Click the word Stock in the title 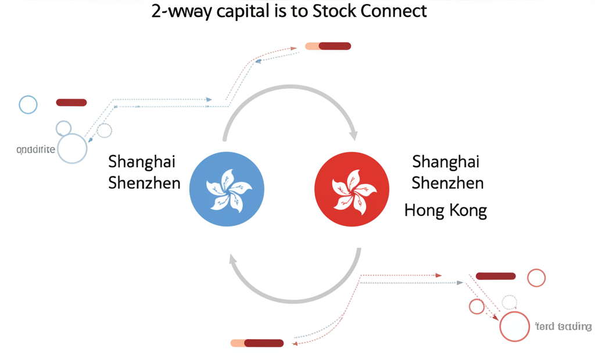tap(335, 11)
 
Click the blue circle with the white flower tap(227, 189)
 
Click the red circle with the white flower tap(352, 189)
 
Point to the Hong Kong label tap(445, 210)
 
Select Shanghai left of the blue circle tap(142, 162)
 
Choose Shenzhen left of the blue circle tap(144, 183)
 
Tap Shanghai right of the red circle tap(445, 162)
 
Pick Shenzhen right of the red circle tap(447, 183)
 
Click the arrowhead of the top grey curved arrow tap(353, 134)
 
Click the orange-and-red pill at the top tap(328, 46)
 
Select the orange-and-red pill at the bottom tap(257, 343)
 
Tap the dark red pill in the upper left tap(71, 103)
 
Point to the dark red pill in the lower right tap(496, 276)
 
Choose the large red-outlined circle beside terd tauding tap(514, 326)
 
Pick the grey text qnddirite tap(36, 149)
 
